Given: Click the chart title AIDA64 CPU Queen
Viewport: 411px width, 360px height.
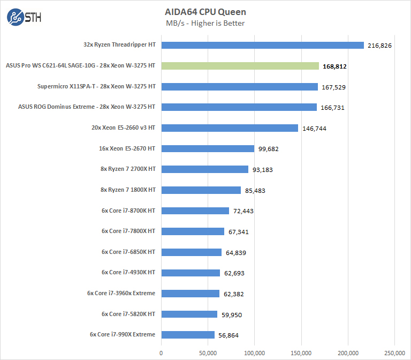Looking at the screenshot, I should click(x=205, y=11).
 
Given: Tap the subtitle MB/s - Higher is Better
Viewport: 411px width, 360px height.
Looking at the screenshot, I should click(x=205, y=23).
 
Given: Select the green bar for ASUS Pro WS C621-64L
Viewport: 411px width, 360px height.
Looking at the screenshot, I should click(x=240, y=66).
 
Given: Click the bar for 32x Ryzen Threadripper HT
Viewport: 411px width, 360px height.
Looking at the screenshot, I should click(x=262, y=45).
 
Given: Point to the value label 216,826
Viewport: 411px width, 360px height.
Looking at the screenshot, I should click(x=380, y=46).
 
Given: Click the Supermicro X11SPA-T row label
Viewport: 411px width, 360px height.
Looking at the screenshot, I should click(x=96, y=86).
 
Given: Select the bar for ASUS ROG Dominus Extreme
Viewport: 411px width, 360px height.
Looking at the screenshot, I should click(x=239, y=107).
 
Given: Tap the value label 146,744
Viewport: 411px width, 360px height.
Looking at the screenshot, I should click(x=315, y=129).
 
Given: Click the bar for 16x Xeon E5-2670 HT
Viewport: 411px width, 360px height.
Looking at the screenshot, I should click(x=208, y=148).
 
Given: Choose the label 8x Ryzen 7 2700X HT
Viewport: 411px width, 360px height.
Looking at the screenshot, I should click(x=124, y=169).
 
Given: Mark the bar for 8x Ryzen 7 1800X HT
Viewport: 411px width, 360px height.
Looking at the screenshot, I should click(x=201, y=190).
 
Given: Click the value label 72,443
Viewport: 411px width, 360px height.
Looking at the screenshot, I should click(x=243, y=211).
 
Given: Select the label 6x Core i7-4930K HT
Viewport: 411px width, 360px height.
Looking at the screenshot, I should click(x=128, y=273).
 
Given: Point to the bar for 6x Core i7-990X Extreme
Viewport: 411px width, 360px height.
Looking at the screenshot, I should click(x=188, y=335).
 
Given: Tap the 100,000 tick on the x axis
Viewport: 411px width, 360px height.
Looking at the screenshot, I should click(x=255, y=352).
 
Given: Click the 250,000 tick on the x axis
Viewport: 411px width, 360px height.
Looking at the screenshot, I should click(x=394, y=352).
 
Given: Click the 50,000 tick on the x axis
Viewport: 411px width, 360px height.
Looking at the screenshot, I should click(x=208, y=352).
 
